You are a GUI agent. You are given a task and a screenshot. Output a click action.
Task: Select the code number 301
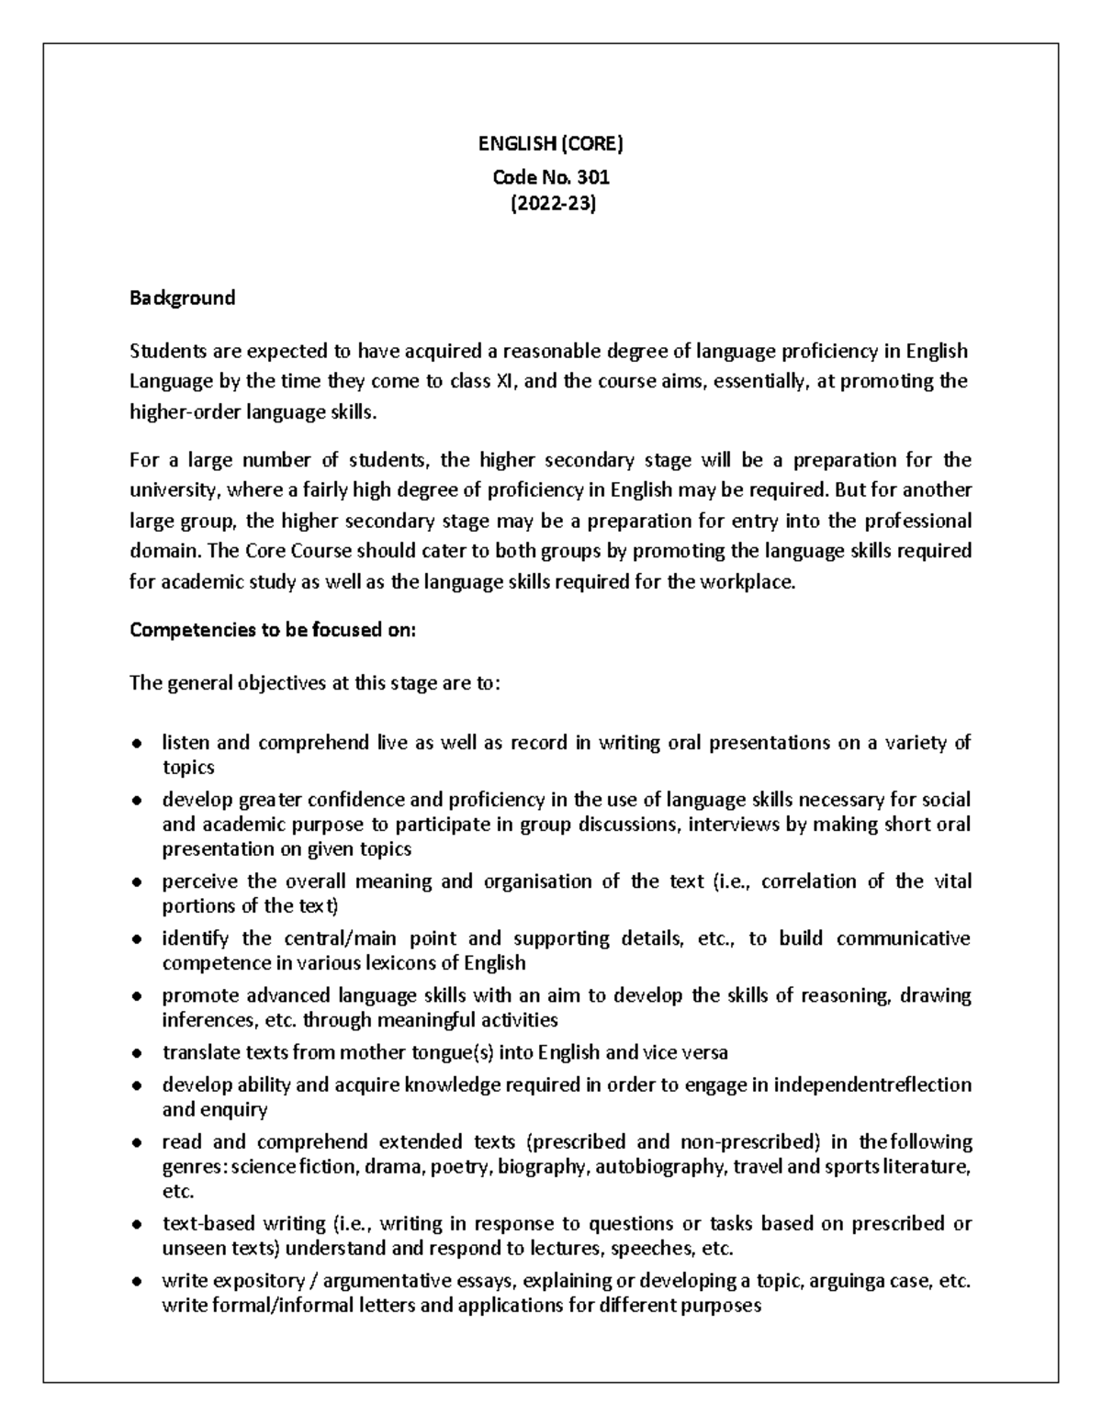pyautogui.click(x=592, y=176)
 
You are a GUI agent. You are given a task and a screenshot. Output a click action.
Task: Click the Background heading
pyautogui.click(x=182, y=298)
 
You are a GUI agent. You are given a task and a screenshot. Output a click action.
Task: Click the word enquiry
pyautogui.click(x=236, y=1109)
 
